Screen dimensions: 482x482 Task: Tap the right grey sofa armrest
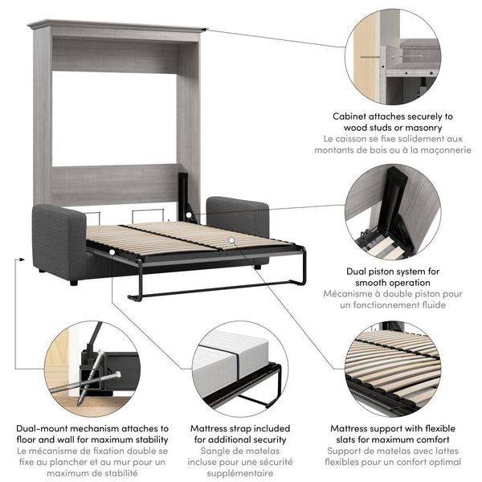pyautogui.click(x=238, y=215)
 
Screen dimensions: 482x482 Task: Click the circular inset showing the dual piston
pyautogui.click(x=394, y=212)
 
